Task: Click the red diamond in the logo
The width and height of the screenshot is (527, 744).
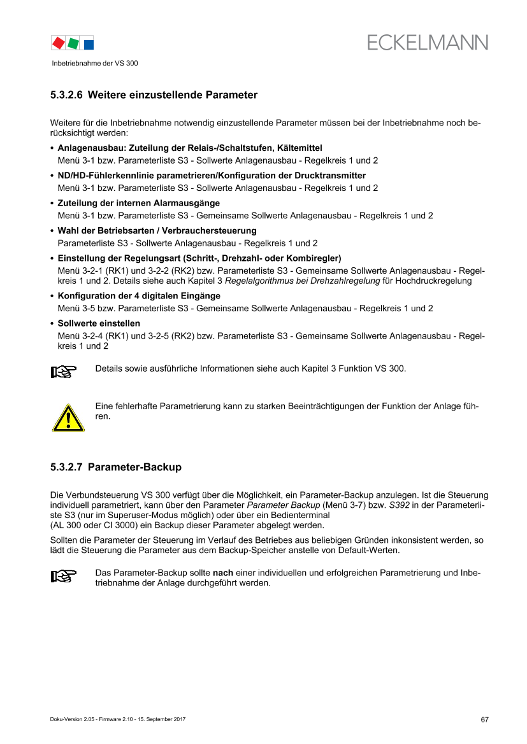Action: [x=59, y=43]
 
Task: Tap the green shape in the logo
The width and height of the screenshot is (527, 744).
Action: [x=73, y=43]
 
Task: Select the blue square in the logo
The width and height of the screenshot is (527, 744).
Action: [x=89, y=45]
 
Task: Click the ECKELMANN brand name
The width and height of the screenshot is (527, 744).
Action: [x=427, y=43]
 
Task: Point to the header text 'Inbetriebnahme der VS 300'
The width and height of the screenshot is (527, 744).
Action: [x=95, y=63]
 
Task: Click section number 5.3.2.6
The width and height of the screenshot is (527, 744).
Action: [x=66, y=95]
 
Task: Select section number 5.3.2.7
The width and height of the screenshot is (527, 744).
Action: [x=66, y=467]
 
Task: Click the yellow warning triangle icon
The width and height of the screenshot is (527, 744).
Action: [x=68, y=418]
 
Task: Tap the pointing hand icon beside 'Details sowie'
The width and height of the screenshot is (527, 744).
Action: [x=64, y=372]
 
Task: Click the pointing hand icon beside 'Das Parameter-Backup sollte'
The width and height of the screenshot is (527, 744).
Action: [x=64, y=576]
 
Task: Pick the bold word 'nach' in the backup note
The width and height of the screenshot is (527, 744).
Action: [x=223, y=573]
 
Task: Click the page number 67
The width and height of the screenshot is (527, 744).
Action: [x=485, y=720]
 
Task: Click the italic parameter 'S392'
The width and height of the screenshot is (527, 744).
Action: [x=399, y=505]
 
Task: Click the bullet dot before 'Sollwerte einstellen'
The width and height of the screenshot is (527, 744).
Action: [x=52, y=324]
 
